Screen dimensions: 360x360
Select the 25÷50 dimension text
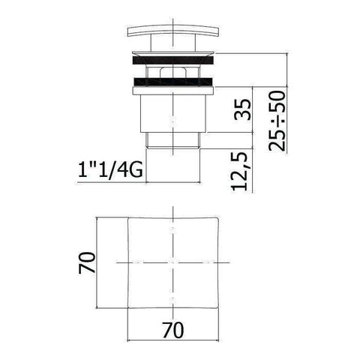pos(277,121)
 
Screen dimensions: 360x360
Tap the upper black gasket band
pos(174,57)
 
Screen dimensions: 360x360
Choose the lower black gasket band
pos(174,80)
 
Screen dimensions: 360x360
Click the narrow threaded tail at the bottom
pos(174,158)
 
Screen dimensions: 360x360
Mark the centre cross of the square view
pos(174,263)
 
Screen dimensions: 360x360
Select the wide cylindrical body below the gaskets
pos(174,112)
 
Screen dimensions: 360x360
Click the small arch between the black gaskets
pos(174,70)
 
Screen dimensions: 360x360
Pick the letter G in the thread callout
pos(137,170)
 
